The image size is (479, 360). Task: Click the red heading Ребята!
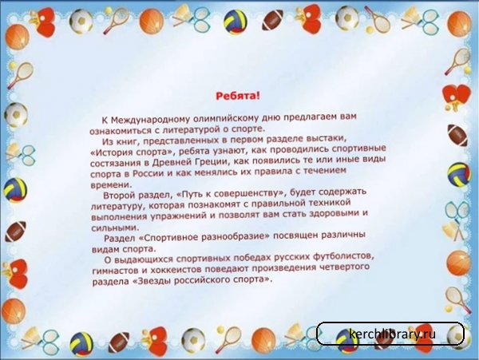238,96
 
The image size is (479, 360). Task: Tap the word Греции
204,161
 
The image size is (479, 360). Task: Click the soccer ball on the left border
16,115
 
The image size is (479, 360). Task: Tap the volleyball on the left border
15,190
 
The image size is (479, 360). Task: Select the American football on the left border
16,231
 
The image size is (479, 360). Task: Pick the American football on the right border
457,135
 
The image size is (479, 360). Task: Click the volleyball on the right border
460,174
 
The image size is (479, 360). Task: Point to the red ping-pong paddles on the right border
457,97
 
